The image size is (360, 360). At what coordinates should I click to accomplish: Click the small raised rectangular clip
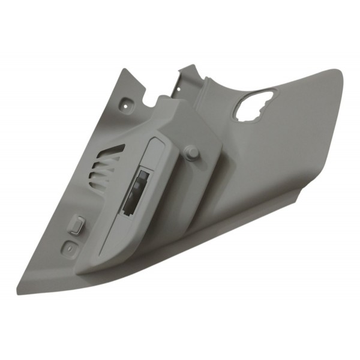point(76,224)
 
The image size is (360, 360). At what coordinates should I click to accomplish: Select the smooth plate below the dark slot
point(120,234)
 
